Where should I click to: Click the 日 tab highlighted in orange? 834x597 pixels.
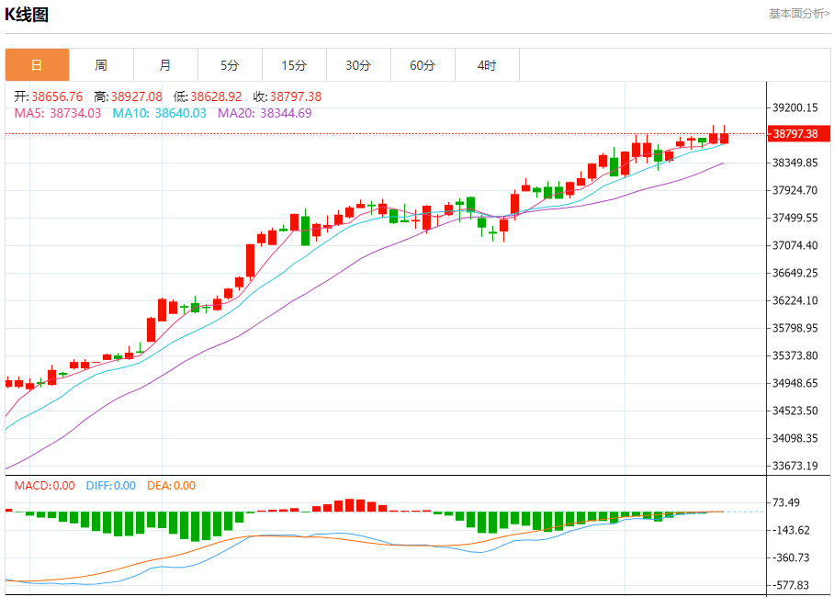coord(37,65)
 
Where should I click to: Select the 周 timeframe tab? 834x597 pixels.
coord(101,65)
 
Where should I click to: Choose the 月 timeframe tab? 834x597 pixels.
coord(165,65)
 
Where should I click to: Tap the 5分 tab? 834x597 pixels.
coord(230,65)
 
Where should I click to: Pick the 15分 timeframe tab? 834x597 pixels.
coord(294,65)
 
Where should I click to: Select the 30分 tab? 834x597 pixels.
coord(358,65)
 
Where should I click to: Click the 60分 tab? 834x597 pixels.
coord(423,65)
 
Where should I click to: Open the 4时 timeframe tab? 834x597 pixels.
coord(487,65)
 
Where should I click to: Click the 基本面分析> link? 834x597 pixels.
coord(799,14)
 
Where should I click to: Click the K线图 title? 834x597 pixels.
coord(27,15)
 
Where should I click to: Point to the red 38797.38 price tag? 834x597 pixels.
coord(796,134)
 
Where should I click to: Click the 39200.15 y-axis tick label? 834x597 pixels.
coord(795,107)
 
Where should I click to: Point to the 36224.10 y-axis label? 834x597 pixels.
coord(795,300)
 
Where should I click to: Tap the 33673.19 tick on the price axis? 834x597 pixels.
coord(795,466)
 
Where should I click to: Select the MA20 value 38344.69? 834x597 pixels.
coord(286,113)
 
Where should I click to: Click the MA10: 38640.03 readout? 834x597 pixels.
coord(159,113)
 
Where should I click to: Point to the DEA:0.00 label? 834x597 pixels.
coord(171,486)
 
